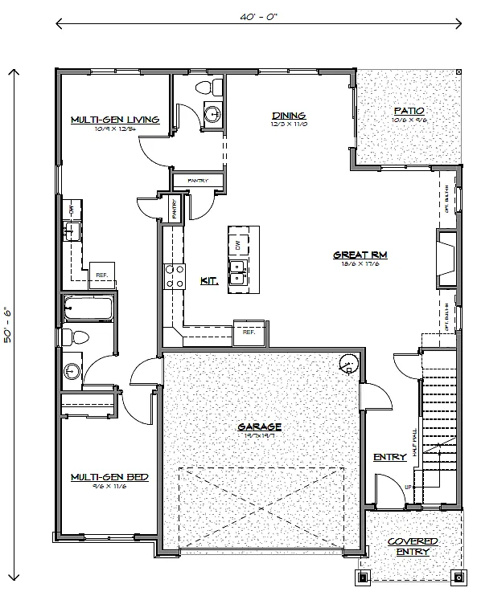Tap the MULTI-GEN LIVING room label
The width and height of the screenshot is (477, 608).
[x=113, y=120]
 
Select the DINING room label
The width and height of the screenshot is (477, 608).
[x=288, y=116]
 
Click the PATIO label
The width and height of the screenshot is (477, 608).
[x=408, y=111]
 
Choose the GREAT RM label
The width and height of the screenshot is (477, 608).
[x=360, y=255]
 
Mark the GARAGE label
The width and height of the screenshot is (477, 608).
[x=258, y=427]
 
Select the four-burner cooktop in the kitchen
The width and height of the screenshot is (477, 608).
[x=173, y=276]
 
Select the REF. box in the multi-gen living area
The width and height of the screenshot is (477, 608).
[x=102, y=274]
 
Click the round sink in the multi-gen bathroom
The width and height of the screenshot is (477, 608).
[x=72, y=371]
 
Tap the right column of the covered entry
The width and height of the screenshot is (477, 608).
[x=458, y=577]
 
